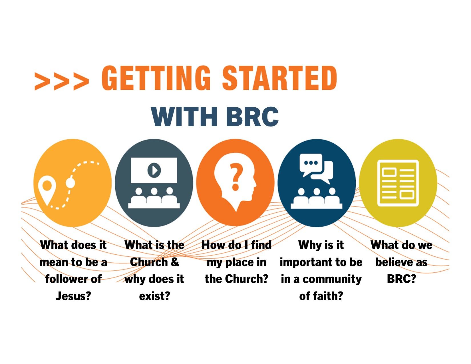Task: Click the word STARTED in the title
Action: [280, 78]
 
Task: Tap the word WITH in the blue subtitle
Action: [184, 117]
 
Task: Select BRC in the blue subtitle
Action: [252, 117]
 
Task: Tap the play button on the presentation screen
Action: [154, 170]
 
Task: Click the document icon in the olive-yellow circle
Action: [398, 183]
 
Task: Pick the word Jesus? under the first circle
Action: [73, 296]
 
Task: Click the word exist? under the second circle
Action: [154, 296]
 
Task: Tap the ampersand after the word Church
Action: [175, 262]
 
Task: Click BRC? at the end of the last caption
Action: [401, 279]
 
